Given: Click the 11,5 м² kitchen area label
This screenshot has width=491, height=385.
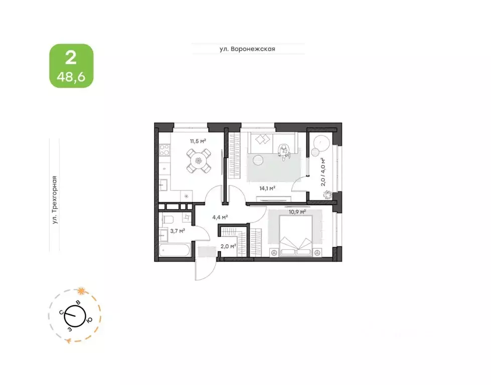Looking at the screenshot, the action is (x=198, y=141).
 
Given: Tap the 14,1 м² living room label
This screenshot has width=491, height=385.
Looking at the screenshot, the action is (x=267, y=188).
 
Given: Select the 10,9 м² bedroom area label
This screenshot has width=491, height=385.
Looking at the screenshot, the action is (x=297, y=212).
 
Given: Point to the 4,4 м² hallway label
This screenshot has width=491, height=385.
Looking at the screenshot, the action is (x=220, y=217).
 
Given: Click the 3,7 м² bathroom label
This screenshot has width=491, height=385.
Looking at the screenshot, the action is (x=178, y=231).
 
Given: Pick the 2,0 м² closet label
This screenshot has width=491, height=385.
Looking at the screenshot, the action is (x=228, y=246).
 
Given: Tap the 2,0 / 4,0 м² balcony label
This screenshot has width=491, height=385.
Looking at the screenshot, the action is (x=323, y=172).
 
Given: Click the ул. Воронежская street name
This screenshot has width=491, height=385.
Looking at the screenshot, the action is (x=247, y=49).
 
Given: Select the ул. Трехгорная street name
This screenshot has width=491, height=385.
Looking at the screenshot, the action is (x=55, y=200).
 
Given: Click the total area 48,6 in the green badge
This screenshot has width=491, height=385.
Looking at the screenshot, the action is (x=71, y=76).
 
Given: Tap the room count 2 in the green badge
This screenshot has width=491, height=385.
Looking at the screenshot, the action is (x=71, y=58).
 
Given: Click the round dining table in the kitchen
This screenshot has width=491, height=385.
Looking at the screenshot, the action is (x=199, y=161).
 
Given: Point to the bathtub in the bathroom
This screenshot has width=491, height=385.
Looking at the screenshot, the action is (x=174, y=251).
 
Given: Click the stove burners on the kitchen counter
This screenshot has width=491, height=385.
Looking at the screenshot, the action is (x=165, y=149).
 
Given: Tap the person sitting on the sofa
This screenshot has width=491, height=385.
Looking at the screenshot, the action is (x=284, y=152).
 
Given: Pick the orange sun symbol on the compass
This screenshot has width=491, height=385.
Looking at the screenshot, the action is (x=81, y=291).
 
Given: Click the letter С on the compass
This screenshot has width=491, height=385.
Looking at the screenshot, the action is (x=62, y=312).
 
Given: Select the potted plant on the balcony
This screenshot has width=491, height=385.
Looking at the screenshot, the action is (x=328, y=195).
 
